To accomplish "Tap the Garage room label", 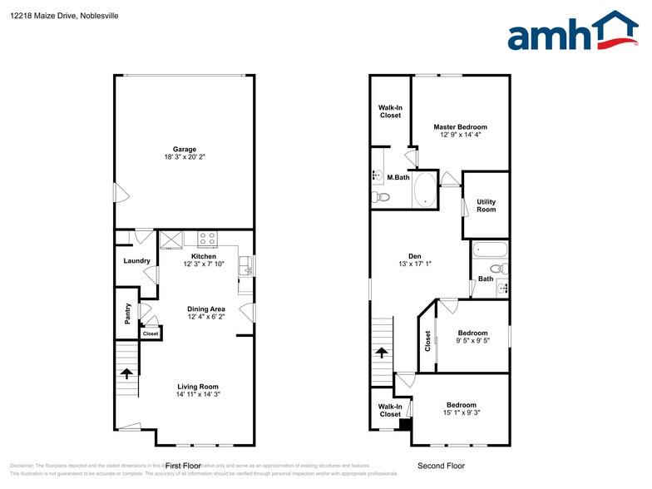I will [185, 150].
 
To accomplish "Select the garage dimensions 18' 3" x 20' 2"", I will [185, 158].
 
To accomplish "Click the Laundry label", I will [137, 261].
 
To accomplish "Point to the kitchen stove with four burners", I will [207, 240].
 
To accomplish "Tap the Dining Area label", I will [205, 309].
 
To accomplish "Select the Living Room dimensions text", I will [197, 395].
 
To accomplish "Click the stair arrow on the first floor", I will [126, 373].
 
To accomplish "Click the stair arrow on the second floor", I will [382, 352].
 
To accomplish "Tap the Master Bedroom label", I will [460, 127].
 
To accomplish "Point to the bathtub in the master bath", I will [424, 189].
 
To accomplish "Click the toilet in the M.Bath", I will [381, 197].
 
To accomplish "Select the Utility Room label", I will [486, 205].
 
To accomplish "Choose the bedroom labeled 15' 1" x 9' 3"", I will [461, 408].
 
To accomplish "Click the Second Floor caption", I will [441, 467].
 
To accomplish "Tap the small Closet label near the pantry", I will [151, 333].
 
